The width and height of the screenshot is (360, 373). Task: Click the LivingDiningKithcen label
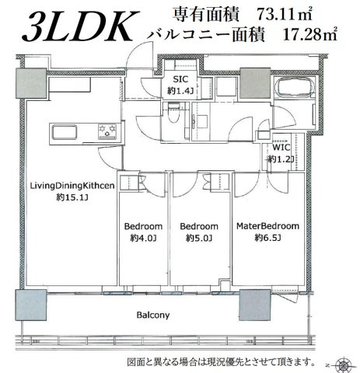(x=72, y=186)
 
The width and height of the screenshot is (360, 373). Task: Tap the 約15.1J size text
(x=72, y=197)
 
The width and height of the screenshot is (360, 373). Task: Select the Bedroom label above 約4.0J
(x=143, y=227)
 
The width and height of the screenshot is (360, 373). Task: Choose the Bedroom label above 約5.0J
(x=197, y=227)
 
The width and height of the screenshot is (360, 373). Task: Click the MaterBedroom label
(x=267, y=227)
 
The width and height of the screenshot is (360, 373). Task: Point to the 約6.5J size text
(x=267, y=239)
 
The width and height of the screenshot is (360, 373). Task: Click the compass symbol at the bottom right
(x=343, y=364)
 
